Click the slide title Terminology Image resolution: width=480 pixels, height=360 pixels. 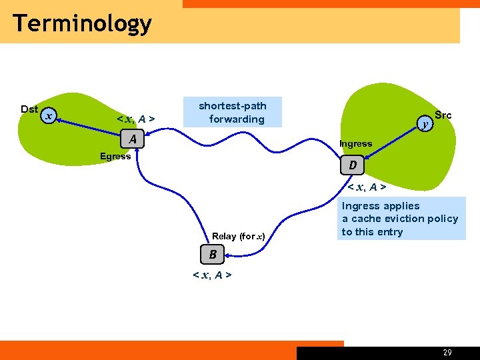click(82, 23)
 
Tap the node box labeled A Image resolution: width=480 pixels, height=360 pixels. click(133, 139)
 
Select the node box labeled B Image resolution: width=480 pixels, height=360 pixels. click(213, 254)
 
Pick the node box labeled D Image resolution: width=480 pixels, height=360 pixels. click(353, 165)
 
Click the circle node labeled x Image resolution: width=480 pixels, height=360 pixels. click(48, 116)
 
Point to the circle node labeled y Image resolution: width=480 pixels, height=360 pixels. click(425, 123)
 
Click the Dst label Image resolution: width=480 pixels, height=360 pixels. click(29, 109)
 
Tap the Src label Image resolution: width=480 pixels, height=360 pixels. click(443, 115)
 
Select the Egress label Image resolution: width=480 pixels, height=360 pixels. click(115, 157)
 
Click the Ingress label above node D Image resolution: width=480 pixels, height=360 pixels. click(355, 143)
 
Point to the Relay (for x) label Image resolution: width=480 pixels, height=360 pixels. click(239, 236)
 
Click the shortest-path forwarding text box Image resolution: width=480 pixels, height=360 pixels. click(233, 113)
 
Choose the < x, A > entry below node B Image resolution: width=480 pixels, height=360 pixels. click(212, 275)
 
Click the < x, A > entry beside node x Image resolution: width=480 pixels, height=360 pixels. click(136, 119)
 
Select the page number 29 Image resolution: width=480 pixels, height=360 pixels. click(447, 353)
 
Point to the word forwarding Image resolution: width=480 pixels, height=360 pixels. click(237, 119)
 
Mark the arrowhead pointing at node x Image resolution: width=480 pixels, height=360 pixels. click(59, 120)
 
